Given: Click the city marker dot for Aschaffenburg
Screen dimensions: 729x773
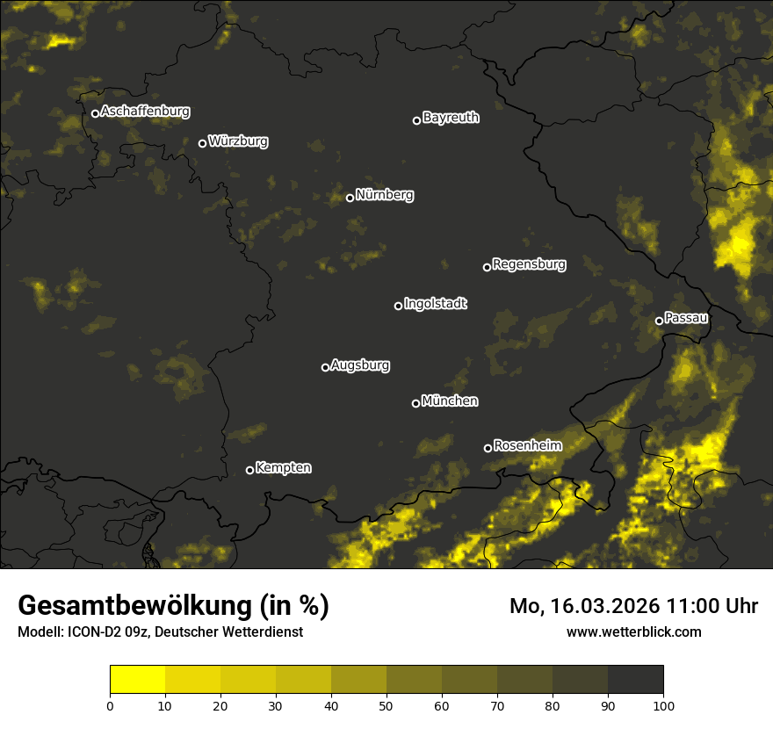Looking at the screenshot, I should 95,113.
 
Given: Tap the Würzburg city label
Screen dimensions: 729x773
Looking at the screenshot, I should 238,141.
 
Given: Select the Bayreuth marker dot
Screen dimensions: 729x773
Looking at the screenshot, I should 416,120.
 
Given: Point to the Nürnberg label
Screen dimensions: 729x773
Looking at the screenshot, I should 385,195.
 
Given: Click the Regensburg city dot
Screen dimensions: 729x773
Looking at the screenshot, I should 487,267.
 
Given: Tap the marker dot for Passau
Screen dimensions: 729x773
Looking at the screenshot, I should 659,321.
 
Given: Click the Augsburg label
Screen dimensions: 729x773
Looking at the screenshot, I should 360,365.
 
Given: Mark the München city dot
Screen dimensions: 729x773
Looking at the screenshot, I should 415,404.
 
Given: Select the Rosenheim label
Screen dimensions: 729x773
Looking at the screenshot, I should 527,445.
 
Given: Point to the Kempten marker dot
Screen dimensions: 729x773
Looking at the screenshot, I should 249,470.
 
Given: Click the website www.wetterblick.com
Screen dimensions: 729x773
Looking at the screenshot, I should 634,632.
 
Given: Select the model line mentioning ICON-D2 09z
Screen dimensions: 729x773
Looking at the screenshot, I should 160,632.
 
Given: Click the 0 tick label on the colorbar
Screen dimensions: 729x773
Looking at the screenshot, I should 110,705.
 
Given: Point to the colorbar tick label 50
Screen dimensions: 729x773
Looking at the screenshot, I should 386,705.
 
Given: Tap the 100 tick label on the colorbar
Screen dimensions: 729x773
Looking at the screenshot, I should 663,705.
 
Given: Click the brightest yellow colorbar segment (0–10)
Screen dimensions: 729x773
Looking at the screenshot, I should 137,680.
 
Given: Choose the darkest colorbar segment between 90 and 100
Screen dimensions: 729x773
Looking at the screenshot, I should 635,680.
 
